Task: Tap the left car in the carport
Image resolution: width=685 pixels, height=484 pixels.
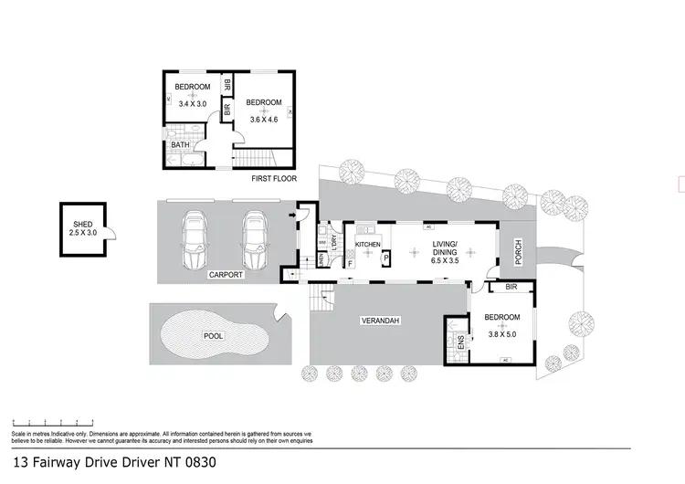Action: click(196, 241)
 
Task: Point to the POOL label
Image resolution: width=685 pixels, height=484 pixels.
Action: click(213, 336)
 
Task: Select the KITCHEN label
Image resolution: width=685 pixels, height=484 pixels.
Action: click(367, 246)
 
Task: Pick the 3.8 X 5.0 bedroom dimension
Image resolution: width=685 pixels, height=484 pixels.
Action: click(501, 334)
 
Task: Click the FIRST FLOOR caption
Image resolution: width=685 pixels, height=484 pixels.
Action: click(273, 181)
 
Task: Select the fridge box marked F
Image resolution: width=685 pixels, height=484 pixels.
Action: click(351, 264)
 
